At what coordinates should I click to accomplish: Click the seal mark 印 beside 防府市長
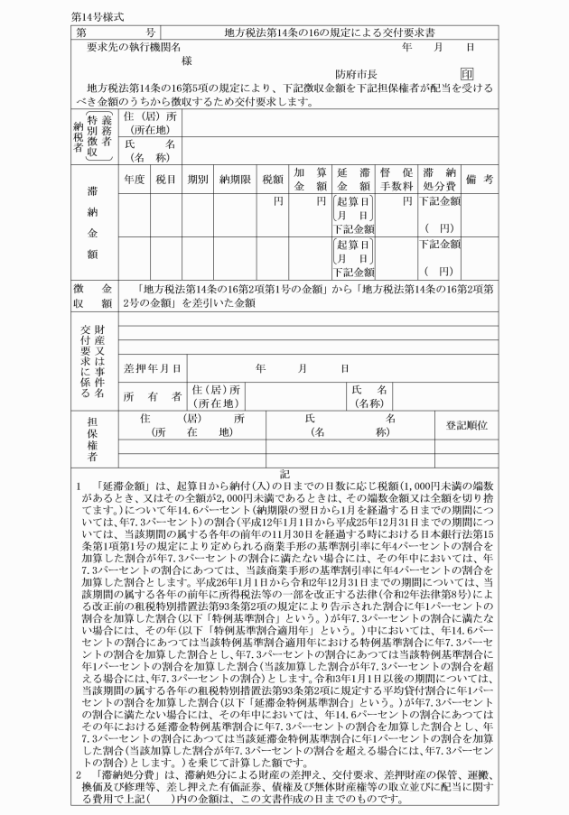coord(467,74)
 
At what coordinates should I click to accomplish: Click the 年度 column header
coord(134,178)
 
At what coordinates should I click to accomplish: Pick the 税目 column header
coord(165,178)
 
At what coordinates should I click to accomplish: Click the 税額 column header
coord(272,178)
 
